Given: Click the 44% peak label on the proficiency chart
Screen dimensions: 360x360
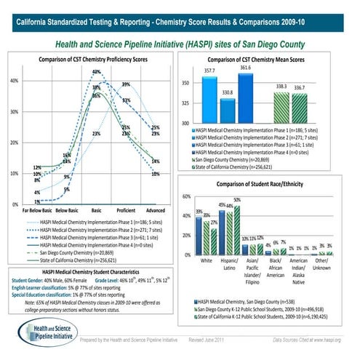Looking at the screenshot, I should point(96,72).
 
